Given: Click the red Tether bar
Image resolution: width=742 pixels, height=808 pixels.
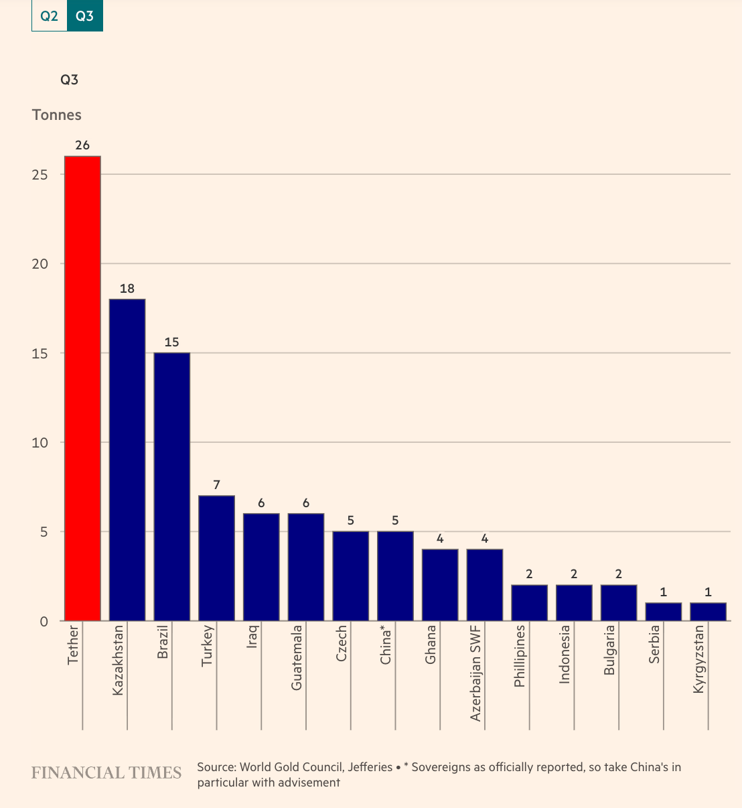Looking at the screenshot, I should pos(82,389).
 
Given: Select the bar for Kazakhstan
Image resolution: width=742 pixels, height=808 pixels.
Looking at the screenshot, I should pos(127,460).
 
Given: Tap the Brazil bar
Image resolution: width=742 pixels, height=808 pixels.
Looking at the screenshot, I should pos(172,486).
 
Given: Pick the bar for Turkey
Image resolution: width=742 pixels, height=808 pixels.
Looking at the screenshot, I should pos(216,558).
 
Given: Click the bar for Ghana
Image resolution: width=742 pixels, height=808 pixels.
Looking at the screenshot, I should pos(440,585).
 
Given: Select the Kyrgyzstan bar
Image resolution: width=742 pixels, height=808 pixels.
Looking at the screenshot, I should pos(708,612).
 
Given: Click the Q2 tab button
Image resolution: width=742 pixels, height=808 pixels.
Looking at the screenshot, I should pos(50,16).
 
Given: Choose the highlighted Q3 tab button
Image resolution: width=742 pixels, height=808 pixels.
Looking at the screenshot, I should pos(85,16).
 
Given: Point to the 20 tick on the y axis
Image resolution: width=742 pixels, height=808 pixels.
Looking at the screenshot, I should pos(41,264).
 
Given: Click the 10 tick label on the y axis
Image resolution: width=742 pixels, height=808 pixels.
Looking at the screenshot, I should pos(41,443).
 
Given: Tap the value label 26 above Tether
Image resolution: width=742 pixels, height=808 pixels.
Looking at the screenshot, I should pos(82,145).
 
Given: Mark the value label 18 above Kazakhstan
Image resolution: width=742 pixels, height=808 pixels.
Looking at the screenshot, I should pos(127,289).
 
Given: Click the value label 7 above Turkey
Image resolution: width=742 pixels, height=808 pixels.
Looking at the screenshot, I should pos(216,485).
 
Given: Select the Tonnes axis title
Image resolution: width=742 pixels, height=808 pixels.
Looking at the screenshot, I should pos(57,115).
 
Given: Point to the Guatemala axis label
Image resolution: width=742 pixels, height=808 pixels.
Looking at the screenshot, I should pos(297,657).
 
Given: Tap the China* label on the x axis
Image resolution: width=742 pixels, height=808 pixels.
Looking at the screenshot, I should pos(386,645).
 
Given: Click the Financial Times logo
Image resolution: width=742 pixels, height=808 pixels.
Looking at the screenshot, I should pos(106,773).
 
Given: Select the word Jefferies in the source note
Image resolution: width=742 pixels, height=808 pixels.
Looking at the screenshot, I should pos(370,767).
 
